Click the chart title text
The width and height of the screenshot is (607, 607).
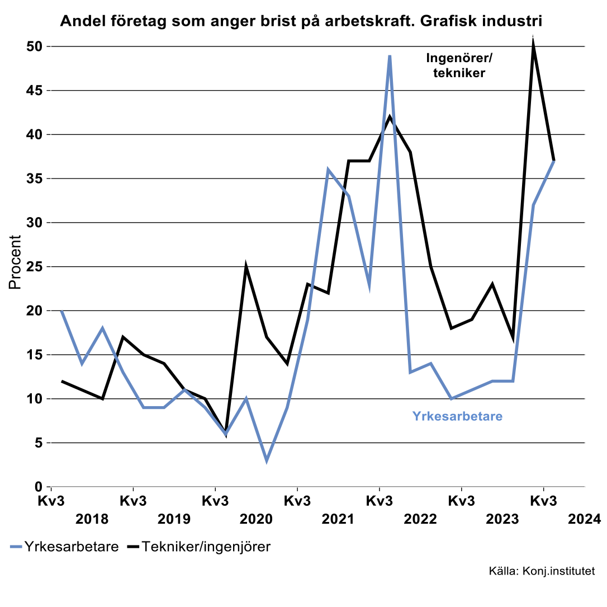pos(301,21)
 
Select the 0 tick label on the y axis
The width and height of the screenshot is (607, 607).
pos(39,487)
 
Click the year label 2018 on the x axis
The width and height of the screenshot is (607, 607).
pos(92,519)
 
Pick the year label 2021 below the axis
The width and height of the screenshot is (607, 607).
pos(338,519)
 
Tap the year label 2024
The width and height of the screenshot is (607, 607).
pos(584,519)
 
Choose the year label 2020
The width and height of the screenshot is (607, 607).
pos(256,519)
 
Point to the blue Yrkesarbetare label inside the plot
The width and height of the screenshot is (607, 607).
pos(457,416)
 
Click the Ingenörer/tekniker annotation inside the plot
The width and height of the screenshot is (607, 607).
pos(459,65)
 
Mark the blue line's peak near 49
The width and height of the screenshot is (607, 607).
pos(390,55)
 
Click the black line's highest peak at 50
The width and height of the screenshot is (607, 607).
pos(533,46)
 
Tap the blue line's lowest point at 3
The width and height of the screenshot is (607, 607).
pos(267,460)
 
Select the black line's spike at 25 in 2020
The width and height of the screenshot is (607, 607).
pos(246,267)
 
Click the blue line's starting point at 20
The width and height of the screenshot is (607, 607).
pos(61,310)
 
